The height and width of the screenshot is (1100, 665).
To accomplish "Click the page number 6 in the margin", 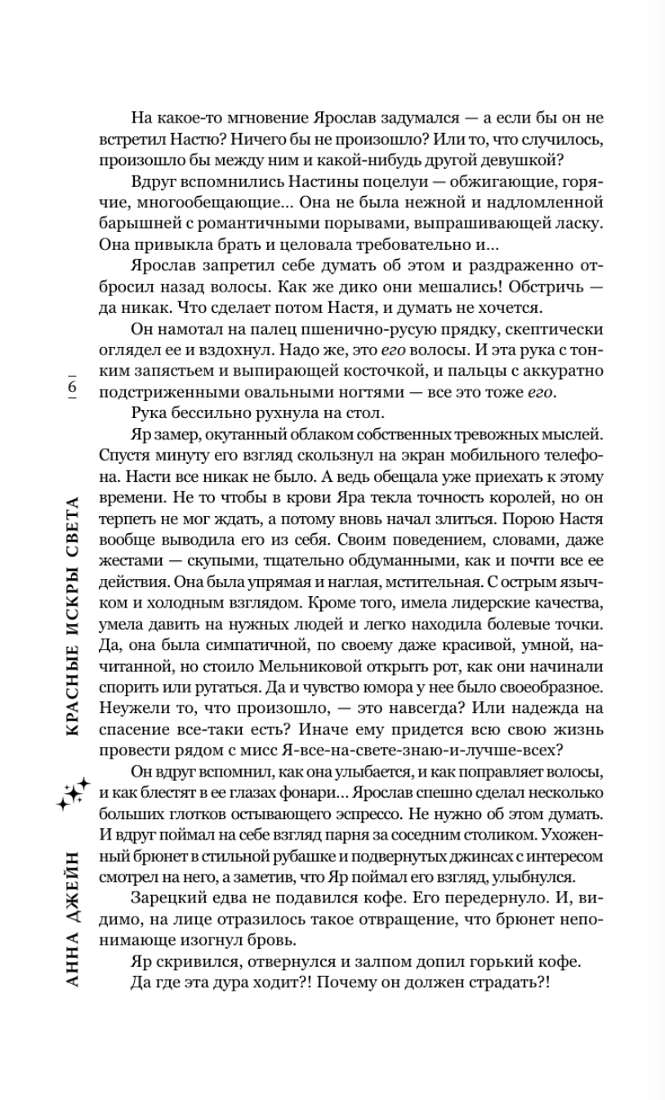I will click(71, 387).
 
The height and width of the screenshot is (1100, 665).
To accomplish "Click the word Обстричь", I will click(536, 287).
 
